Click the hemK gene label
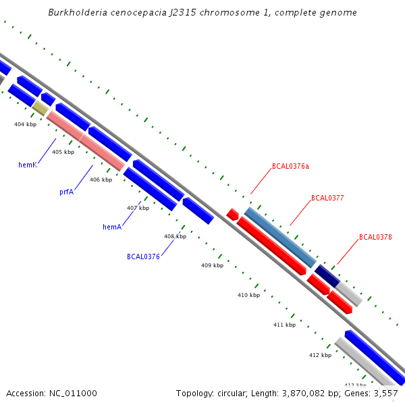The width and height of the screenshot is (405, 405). coord(27,165)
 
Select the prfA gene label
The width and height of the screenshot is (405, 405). coord(66,192)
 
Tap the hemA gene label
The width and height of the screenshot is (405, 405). coord(112,227)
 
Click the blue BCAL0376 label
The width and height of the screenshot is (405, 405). coord(143,256)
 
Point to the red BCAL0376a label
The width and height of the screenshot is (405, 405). coord(290,166)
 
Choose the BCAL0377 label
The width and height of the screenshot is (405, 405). coord(327,198)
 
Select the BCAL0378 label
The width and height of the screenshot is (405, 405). coord(375,237)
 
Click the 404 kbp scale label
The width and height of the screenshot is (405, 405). coord(25,124)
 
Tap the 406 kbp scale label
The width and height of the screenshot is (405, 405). coord(101,180)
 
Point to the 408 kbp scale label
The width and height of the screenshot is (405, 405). coord(175,236)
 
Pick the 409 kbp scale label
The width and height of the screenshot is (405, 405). coord(212,265)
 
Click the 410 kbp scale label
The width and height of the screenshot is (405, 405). coord(248,295)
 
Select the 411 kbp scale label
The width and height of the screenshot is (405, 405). coord(284,325)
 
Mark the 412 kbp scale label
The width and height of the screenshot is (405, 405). coord(320,355)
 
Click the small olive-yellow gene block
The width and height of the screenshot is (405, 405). coord(40,108)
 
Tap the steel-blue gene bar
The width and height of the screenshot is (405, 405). coord(280,237)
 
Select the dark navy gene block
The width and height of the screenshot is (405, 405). coord(327,276)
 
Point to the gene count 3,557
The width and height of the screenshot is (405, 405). coord(385,393)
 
